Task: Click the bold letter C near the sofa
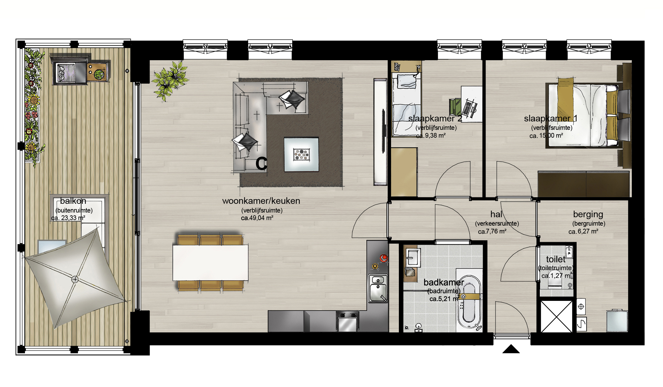click(x=261, y=164)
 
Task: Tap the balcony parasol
click(x=75, y=279)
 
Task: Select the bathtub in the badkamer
click(x=469, y=303)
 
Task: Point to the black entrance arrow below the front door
click(x=511, y=349)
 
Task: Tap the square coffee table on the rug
click(x=301, y=154)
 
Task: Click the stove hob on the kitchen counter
click(x=347, y=321)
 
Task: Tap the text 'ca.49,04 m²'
click(x=257, y=218)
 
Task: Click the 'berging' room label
click(x=588, y=214)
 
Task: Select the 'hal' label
click(x=496, y=214)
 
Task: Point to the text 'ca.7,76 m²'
click(x=492, y=231)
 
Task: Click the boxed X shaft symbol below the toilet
click(x=557, y=316)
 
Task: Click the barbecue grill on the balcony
click(x=70, y=72)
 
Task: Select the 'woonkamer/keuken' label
click(x=261, y=201)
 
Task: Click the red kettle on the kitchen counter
click(x=383, y=258)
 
